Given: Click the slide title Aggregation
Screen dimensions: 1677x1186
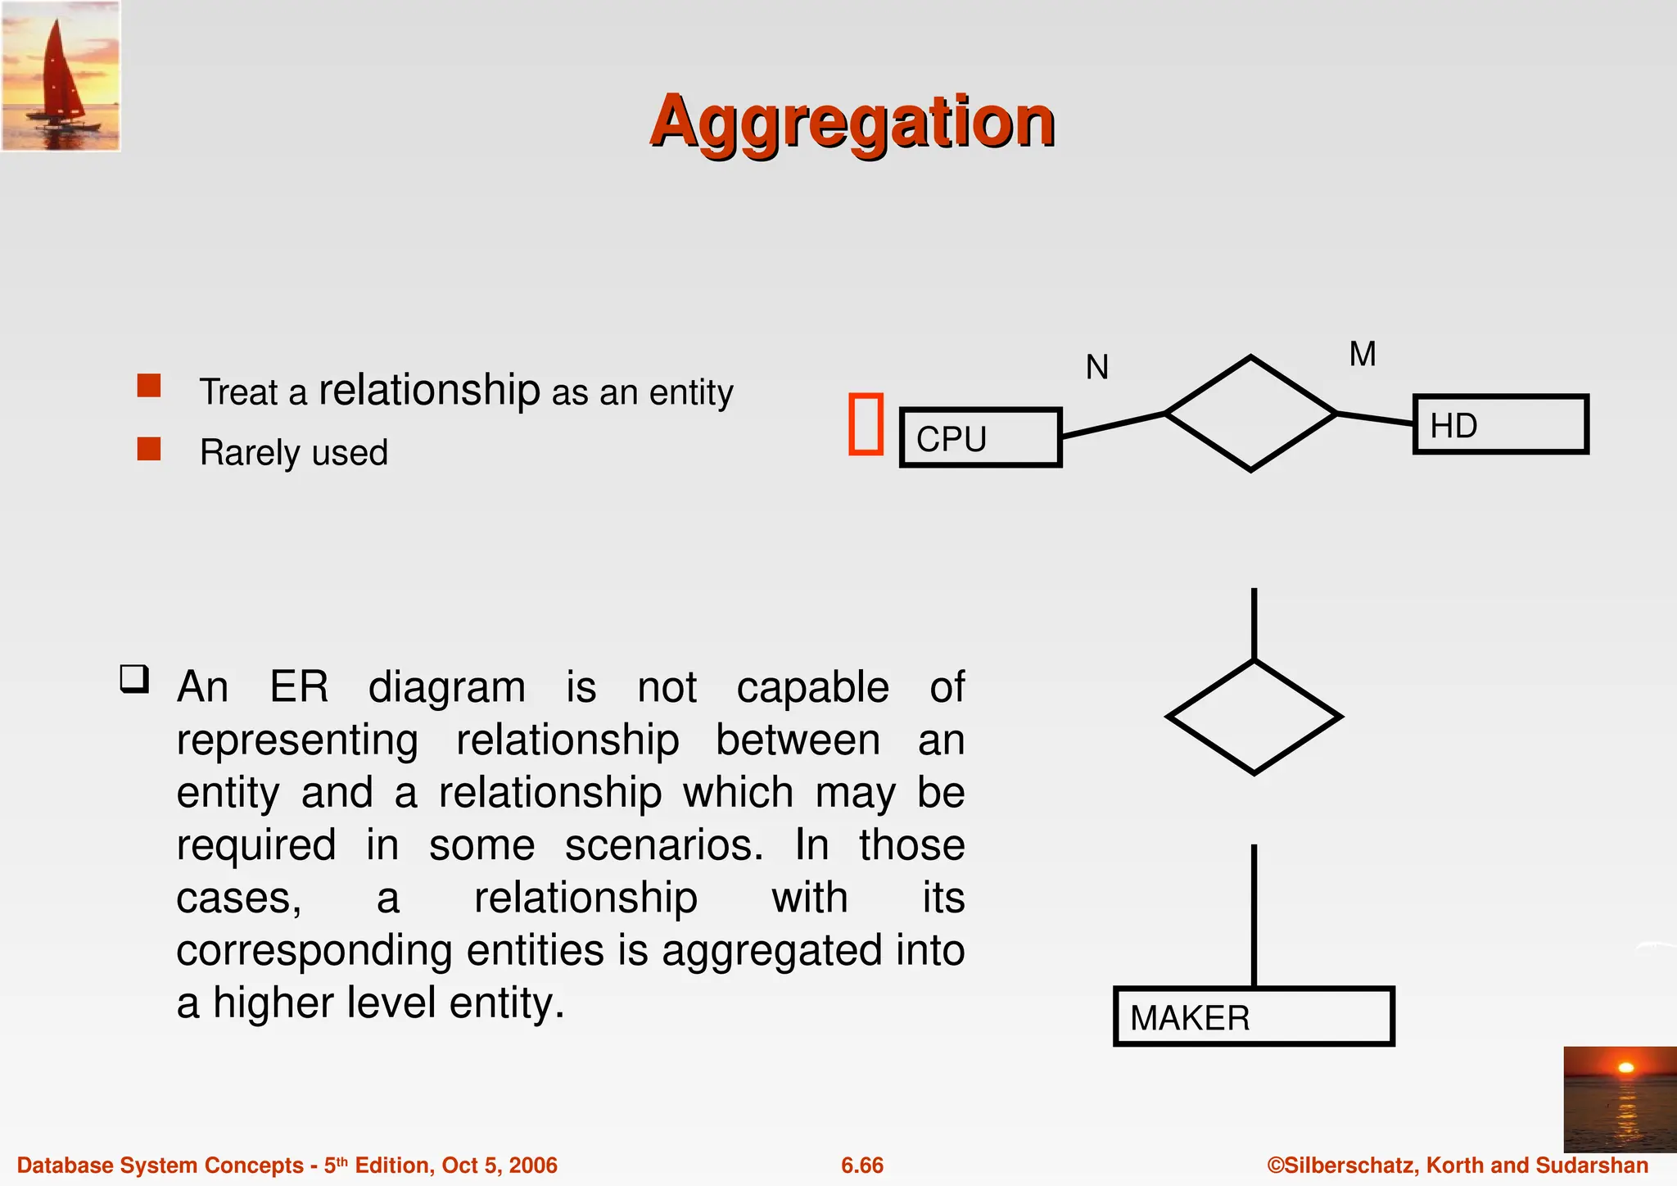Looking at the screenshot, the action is [x=852, y=122].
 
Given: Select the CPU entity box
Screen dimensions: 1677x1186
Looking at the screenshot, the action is [x=980, y=437].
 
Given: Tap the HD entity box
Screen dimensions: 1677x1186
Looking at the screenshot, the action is [x=1500, y=424].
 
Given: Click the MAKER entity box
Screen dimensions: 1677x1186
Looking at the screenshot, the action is [x=1253, y=1016].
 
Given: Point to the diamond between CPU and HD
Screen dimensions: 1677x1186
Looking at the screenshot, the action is [x=1250, y=414].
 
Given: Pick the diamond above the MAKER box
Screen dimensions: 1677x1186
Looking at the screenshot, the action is [x=1254, y=717].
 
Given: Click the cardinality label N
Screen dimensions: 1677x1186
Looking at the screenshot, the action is [x=1096, y=367].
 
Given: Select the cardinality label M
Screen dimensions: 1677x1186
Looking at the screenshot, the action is [x=1363, y=355].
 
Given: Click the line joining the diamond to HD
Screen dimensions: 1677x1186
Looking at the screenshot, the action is [x=1376, y=419].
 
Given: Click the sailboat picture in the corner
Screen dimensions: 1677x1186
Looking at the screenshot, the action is [x=61, y=76].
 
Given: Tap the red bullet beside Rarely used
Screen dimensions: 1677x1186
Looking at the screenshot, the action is [x=149, y=450].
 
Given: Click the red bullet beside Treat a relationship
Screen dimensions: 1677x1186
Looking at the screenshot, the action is [x=149, y=386].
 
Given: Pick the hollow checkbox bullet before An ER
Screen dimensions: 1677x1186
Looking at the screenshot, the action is [x=134, y=679].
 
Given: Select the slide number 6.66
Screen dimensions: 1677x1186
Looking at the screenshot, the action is [x=862, y=1166].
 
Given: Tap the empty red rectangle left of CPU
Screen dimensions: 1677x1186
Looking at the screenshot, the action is [x=866, y=423].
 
